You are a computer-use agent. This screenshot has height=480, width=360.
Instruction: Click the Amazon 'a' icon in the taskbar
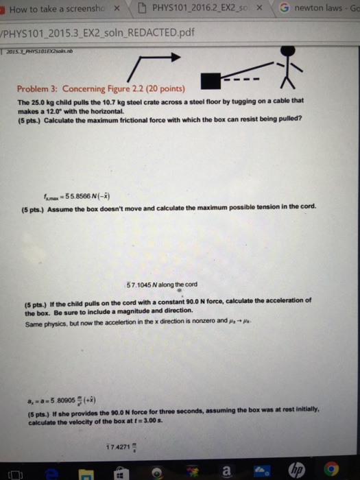[226, 471]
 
